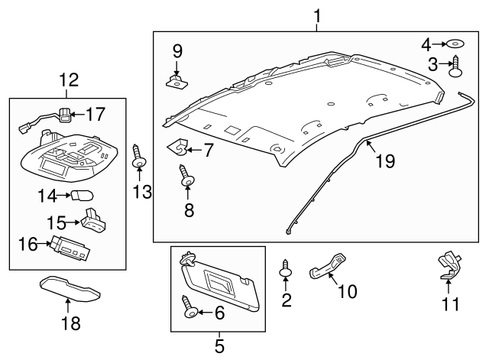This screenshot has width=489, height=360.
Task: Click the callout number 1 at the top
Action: click(318, 14)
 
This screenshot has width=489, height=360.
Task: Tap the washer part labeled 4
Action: click(453, 44)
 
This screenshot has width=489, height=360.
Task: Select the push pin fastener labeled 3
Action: click(457, 67)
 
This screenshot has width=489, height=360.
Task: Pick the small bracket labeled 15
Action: click(93, 220)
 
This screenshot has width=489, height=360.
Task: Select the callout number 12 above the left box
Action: click(66, 79)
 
